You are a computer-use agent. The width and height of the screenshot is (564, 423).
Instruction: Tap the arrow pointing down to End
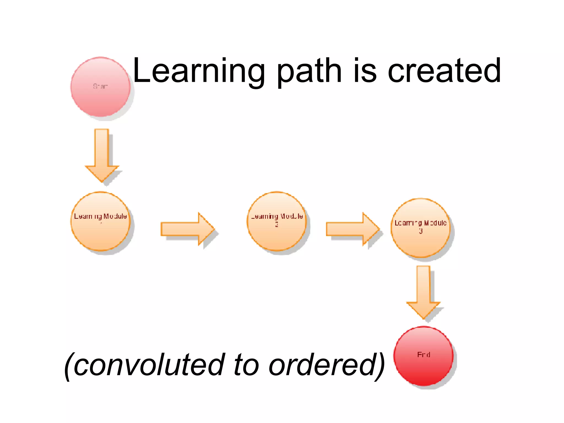click(423, 292)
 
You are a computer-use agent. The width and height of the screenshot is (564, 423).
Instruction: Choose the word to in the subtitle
click(246, 365)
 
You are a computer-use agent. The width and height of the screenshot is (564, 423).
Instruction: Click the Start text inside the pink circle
click(101, 86)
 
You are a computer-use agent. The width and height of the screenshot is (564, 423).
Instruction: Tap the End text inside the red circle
click(424, 355)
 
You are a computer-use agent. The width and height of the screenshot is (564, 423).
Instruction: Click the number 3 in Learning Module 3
click(421, 231)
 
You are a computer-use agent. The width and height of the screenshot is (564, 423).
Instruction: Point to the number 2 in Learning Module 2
click(277, 224)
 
